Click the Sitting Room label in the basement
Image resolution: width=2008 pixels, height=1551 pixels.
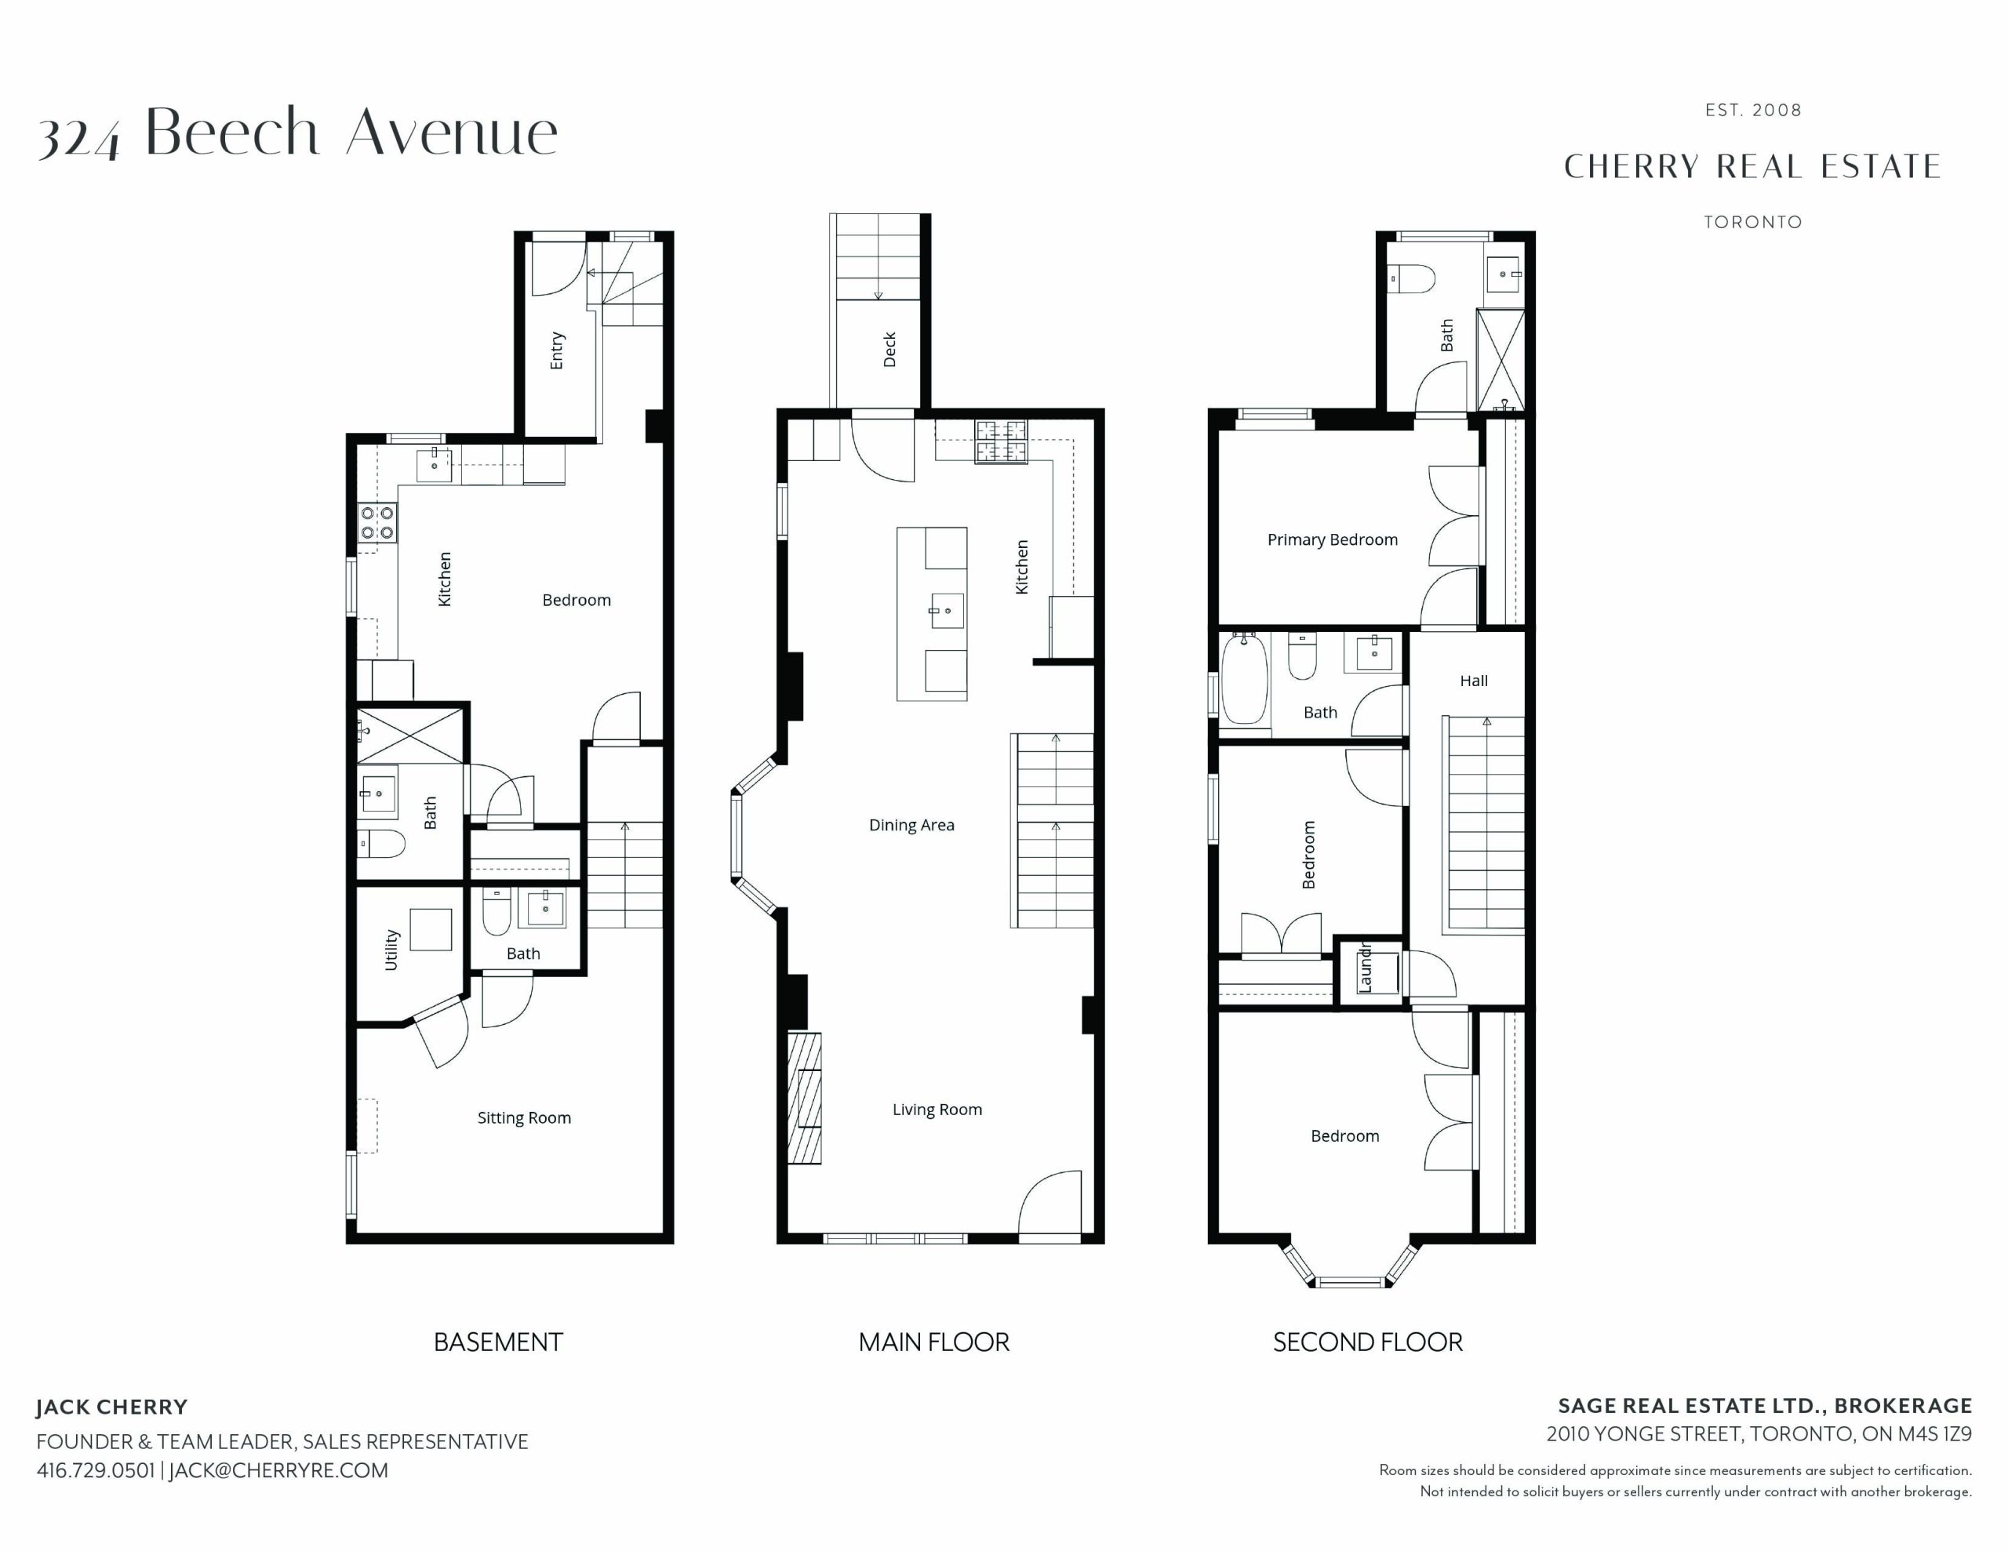click(524, 1118)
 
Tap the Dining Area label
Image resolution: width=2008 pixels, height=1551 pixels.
click(911, 826)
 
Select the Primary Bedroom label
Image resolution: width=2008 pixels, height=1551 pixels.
click(1332, 539)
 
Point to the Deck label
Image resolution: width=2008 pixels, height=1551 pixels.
click(889, 351)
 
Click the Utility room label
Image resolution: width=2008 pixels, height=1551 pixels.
click(391, 950)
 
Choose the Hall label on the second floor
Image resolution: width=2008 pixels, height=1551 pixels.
click(1474, 681)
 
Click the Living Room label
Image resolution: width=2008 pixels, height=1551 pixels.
click(937, 1110)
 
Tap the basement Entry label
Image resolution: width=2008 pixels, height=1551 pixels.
click(556, 351)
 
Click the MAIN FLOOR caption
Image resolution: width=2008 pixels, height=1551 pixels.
click(934, 1342)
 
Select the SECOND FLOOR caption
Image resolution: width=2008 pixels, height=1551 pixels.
click(1367, 1342)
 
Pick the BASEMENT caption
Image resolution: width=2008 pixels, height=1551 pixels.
click(498, 1342)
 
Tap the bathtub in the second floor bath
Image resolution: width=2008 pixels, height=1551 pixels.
click(1245, 678)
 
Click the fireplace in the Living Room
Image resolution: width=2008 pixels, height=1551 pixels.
click(805, 1099)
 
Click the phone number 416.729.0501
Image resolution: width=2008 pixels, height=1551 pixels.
click(96, 1470)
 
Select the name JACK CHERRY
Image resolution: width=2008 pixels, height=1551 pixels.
click(112, 1408)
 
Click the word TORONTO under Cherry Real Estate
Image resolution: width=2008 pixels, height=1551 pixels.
click(1752, 223)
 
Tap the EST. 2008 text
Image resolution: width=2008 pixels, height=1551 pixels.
click(1752, 111)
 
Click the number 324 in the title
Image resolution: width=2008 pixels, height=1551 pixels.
click(79, 139)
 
